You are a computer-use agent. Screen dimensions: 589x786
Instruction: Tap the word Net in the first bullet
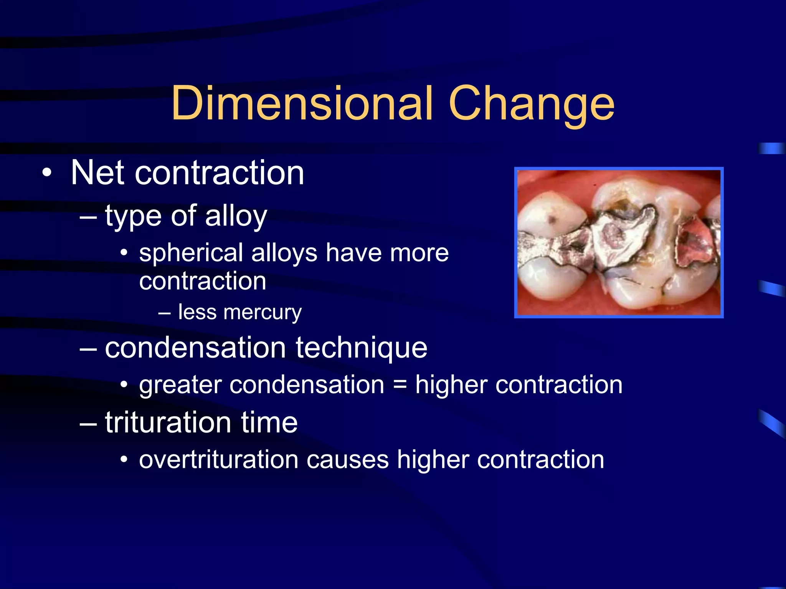97,173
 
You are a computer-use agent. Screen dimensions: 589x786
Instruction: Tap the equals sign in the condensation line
400,385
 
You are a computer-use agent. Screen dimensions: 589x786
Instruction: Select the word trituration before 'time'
168,423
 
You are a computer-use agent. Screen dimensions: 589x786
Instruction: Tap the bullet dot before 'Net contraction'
47,173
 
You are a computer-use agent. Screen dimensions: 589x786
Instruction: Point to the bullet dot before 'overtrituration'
124,459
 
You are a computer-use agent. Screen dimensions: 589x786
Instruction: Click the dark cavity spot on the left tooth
552,220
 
